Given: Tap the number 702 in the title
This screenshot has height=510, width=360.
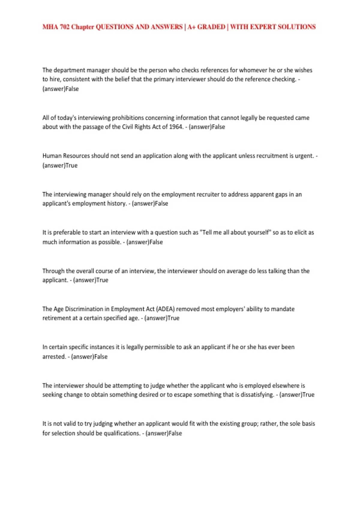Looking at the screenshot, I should [x=64, y=27].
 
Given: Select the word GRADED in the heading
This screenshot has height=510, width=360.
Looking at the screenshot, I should [x=211, y=27].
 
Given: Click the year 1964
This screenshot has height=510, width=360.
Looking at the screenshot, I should [x=176, y=127].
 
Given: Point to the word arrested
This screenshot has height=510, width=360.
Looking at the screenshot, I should [x=54, y=357].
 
